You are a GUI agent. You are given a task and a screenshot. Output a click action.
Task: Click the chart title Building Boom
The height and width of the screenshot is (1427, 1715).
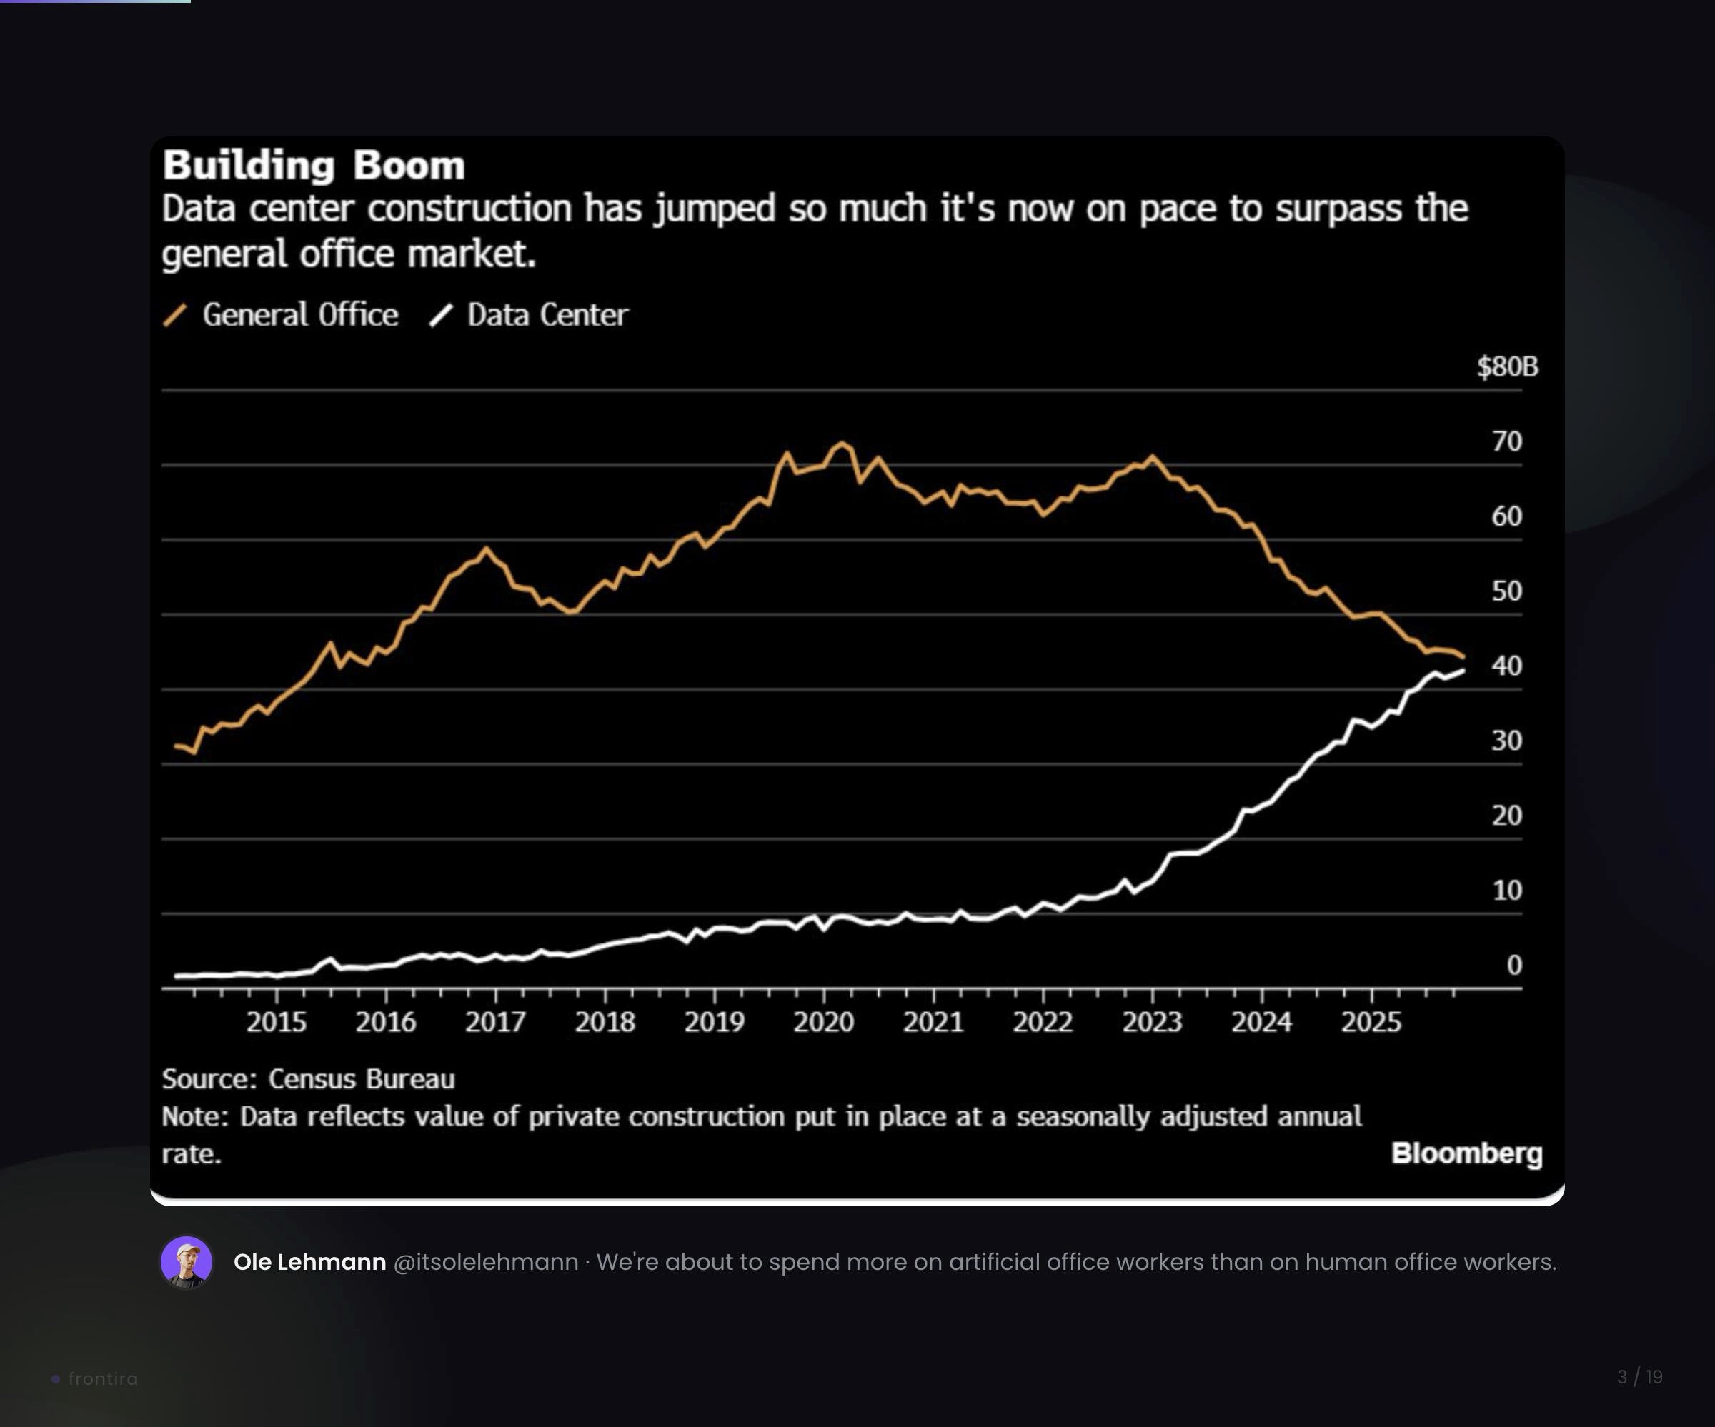[x=314, y=166]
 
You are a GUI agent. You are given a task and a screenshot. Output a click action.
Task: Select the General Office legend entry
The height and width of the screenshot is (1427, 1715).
[x=299, y=315]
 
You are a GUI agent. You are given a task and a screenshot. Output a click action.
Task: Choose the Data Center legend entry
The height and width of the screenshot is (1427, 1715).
[x=547, y=315]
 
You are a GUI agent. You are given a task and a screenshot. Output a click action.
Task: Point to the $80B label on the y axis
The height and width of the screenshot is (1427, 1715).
[x=1507, y=366]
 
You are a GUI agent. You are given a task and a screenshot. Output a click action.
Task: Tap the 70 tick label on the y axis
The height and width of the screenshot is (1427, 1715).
[x=1507, y=441]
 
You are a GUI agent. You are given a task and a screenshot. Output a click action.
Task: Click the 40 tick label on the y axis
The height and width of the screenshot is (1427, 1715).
[x=1507, y=666]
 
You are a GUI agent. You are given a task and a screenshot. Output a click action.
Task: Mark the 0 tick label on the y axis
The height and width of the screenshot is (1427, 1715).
[x=1514, y=965]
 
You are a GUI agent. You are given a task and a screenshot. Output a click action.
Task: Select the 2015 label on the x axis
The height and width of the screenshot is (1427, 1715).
[x=276, y=1022]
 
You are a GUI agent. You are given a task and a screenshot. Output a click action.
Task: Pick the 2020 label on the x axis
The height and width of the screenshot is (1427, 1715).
[x=823, y=1022]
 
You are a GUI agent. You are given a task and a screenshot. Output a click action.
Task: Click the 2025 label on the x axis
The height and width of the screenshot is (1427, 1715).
[x=1371, y=1022]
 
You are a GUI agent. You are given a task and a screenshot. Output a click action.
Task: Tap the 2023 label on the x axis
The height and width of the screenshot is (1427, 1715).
[x=1151, y=1022]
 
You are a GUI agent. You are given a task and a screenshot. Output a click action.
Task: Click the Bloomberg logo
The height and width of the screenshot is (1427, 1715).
[x=1467, y=1153]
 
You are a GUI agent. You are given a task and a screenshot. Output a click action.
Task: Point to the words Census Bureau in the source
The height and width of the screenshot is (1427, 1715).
[x=361, y=1079]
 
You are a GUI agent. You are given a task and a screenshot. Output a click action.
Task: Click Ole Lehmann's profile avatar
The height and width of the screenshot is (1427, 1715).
[x=187, y=1262]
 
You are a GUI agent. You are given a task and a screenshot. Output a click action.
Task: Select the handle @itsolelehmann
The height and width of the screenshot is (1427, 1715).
[x=485, y=1262]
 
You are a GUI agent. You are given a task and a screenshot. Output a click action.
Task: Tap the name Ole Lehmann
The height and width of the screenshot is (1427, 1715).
[x=309, y=1262]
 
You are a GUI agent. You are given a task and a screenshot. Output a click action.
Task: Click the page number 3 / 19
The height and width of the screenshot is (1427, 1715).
[x=1639, y=1377]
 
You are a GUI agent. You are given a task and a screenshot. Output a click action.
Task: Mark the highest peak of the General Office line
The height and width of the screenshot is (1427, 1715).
[x=841, y=444]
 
